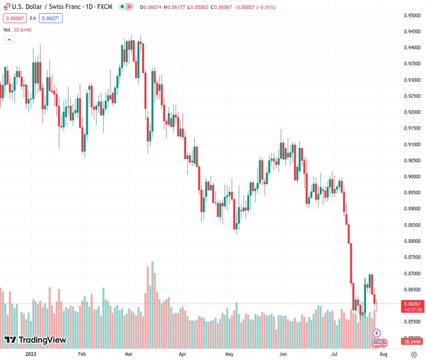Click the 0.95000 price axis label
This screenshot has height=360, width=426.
pos(412,16)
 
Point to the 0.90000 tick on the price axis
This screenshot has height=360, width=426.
pos(412,176)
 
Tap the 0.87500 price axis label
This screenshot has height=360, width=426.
pos(412,257)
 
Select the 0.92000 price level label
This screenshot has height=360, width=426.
pos(412,112)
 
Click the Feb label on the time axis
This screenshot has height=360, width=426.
pos(82,354)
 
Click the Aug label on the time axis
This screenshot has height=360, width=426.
pos(383,354)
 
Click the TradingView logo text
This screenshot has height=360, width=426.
pos(42,340)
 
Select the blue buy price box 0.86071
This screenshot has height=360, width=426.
pos(50,18)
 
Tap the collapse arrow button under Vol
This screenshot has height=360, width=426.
pos(9,40)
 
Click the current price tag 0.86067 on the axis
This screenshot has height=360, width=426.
pos(412,304)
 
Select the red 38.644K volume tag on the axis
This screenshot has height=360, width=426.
pos(412,342)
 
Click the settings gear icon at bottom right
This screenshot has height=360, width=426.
pos(413,354)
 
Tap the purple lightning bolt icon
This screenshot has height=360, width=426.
pos(377,332)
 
